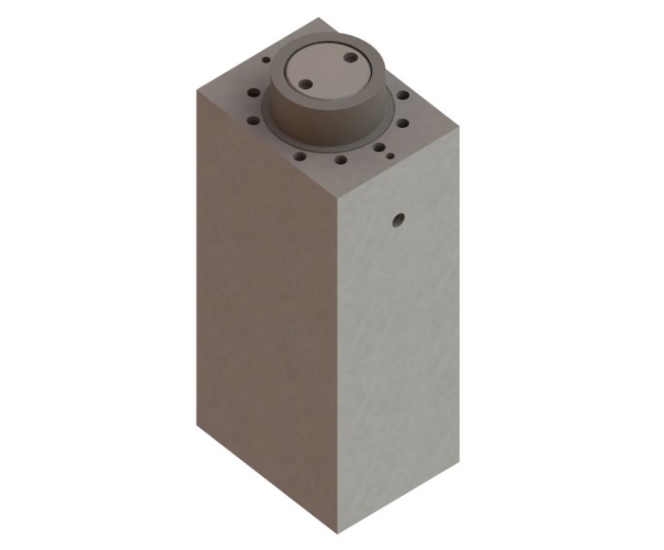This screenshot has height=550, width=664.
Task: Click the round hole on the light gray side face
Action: [398, 221]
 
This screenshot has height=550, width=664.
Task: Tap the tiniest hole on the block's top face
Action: [390, 155]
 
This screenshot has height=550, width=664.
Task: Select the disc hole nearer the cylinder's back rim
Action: [350, 59]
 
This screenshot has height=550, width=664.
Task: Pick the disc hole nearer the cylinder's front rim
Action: [306, 85]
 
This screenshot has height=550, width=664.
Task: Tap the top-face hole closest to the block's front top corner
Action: [339, 159]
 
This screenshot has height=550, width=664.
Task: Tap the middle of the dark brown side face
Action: [266, 303]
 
